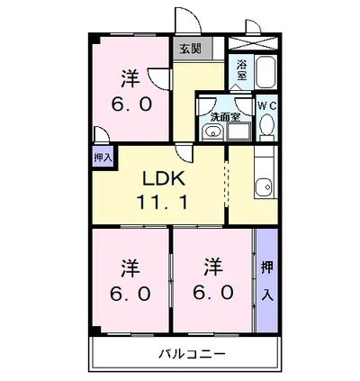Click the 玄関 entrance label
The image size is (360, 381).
pyautogui.click(x=190, y=49)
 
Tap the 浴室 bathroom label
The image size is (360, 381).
pyautogui.click(x=242, y=70)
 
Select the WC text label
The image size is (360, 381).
pyautogui.click(x=267, y=106)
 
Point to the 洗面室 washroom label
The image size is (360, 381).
pyautogui.click(x=225, y=117)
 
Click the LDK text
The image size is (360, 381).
pyautogui.click(x=163, y=179)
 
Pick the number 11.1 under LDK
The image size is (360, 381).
pyautogui.click(x=162, y=202)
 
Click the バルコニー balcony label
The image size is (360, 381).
pyautogui.click(x=192, y=354)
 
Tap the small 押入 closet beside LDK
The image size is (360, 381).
pyautogui.click(x=103, y=158)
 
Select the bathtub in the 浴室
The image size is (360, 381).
pyautogui.click(x=265, y=72)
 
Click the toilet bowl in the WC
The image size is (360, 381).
pyautogui.click(x=266, y=125)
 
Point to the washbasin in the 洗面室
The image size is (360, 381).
pyautogui.click(x=212, y=132)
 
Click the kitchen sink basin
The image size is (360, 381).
pyautogui.click(x=264, y=187)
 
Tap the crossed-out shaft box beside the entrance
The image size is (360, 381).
pyautogui.click(x=254, y=42)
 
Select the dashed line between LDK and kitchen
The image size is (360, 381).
pyautogui.click(x=226, y=183)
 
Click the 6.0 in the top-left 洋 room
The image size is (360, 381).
pyautogui.click(x=131, y=104)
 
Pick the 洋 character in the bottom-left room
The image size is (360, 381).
pyautogui.click(x=130, y=268)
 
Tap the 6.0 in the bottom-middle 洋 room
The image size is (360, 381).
pyautogui.click(x=213, y=292)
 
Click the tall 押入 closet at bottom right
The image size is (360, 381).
pyautogui.click(x=267, y=280)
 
